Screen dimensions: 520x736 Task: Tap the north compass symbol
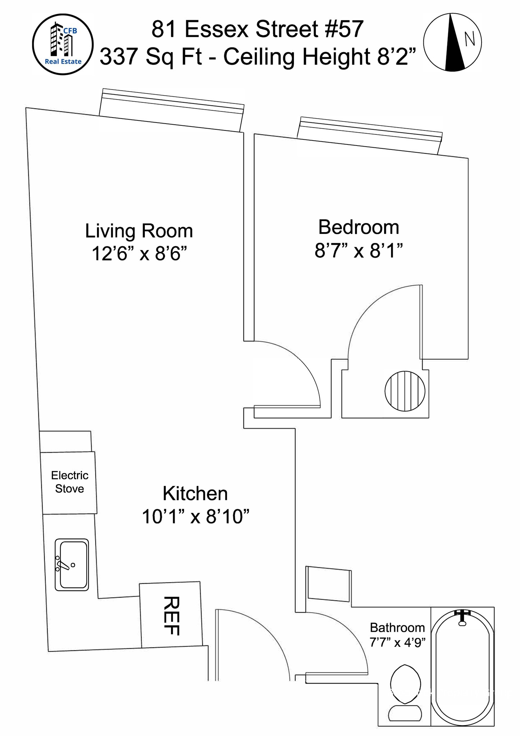pyautogui.click(x=452, y=42)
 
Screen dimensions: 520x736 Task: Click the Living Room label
pyautogui.click(x=139, y=231)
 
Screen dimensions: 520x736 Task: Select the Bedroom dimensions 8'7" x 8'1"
pyautogui.click(x=358, y=250)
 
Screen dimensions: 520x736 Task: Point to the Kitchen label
pyautogui.click(x=195, y=493)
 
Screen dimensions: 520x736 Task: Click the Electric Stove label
pyautogui.click(x=69, y=482)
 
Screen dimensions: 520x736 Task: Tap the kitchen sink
pyautogui.click(x=72, y=565)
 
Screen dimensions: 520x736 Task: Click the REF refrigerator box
pyautogui.click(x=171, y=615)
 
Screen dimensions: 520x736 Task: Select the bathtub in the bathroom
pyautogui.click(x=463, y=666)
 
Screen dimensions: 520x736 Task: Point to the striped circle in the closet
pyautogui.click(x=405, y=391)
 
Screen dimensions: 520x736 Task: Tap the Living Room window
pyautogui.click(x=172, y=110)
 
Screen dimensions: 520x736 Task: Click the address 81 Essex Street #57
pyautogui.click(x=257, y=29)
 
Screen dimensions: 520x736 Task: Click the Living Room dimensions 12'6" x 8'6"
pyautogui.click(x=139, y=254)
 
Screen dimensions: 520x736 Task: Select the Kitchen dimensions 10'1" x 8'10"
pyautogui.click(x=195, y=517)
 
